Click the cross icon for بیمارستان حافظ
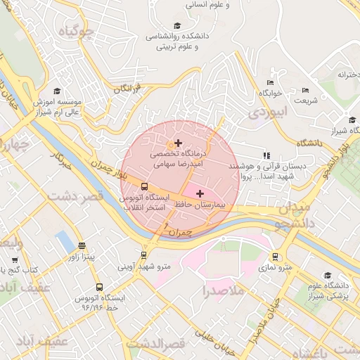tap(200, 193)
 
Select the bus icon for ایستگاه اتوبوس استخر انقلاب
tap(144, 186)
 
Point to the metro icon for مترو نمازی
tap(274, 257)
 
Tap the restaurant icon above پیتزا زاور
tap(82, 246)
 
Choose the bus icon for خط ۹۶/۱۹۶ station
tap(98, 287)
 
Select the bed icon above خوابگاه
tap(269, 82)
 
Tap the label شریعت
tap(306, 101)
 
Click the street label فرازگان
tap(127, 89)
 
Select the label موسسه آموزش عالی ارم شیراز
tap(56, 106)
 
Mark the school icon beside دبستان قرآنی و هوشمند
tap(266, 155)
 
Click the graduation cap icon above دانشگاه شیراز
tap(352, 120)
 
